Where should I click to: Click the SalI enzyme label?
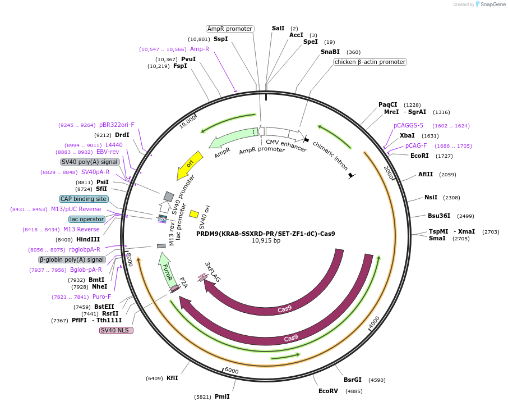point(278,28)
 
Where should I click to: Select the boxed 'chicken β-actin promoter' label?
point(370,62)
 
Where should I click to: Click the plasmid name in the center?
point(266,234)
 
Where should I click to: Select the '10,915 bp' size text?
point(266,241)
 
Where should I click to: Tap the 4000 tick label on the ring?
point(374,324)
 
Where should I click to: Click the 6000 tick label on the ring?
point(232,371)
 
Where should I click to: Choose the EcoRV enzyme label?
point(328,391)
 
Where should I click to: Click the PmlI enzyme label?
point(222,396)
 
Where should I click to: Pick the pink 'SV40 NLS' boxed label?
point(116,330)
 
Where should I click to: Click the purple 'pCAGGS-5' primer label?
point(408,125)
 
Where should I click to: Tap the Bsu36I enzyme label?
point(439,216)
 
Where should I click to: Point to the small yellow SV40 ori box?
point(194,213)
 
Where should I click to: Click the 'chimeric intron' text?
point(331,156)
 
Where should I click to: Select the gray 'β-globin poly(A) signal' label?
point(72,259)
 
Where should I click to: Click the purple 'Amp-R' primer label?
point(200,49)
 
